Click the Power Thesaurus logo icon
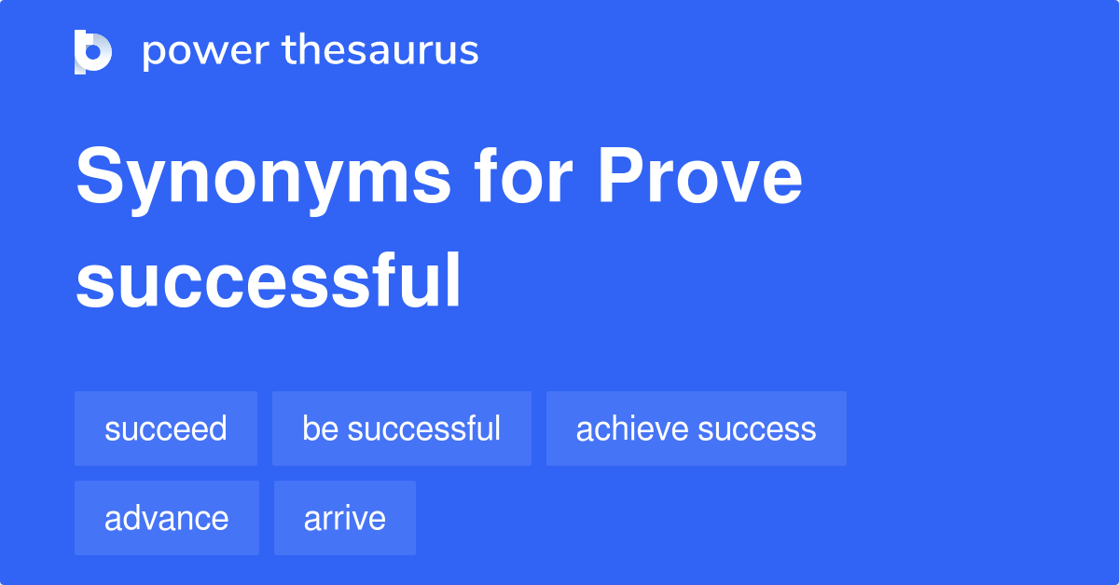click(93, 51)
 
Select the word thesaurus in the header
click(380, 51)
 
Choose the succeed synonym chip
click(166, 429)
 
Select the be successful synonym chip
click(401, 429)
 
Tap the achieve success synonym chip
click(696, 429)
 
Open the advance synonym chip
click(166, 518)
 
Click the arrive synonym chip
click(344, 518)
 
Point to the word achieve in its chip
click(632, 429)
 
